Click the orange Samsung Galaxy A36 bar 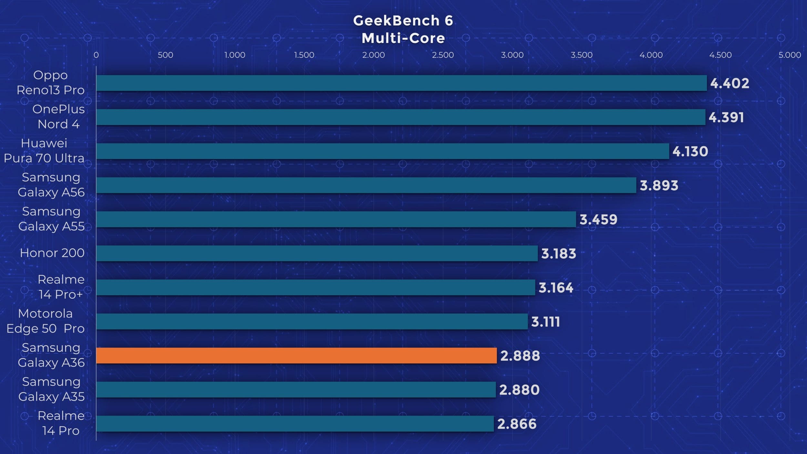tap(296, 356)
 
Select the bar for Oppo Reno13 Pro tap(401, 83)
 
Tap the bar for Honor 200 tap(317, 253)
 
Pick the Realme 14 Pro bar tap(295, 424)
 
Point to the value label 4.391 tap(726, 117)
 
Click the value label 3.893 tap(659, 185)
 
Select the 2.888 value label tap(520, 356)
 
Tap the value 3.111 tap(545, 322)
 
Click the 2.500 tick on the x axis tap(443, 55)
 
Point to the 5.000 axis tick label tap(790, 55)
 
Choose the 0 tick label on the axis tap(96, 55)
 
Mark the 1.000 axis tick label tap(235, 55)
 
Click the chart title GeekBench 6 tap(403, 21)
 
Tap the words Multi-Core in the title tap(403, 38)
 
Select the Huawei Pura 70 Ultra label tap(44, 151)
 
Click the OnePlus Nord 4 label tap(58, 117)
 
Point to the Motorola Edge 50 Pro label tap(46, 321)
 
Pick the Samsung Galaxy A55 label tap(51, 219)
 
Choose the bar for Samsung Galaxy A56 tap(366, 185)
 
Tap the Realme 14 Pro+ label tap(61, 287)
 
